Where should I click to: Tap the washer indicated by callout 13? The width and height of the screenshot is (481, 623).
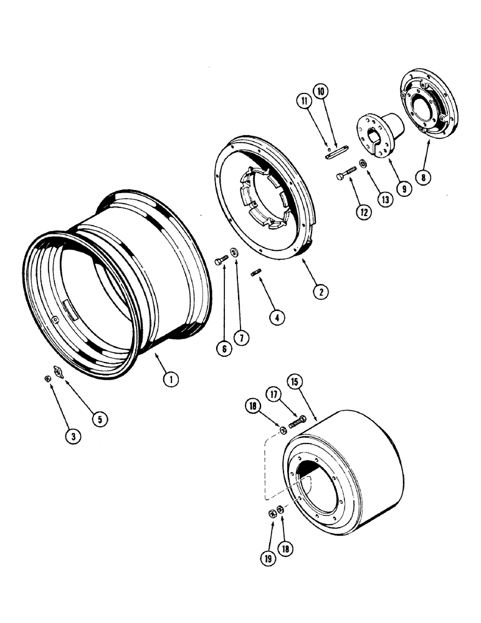(x=363, y=168)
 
